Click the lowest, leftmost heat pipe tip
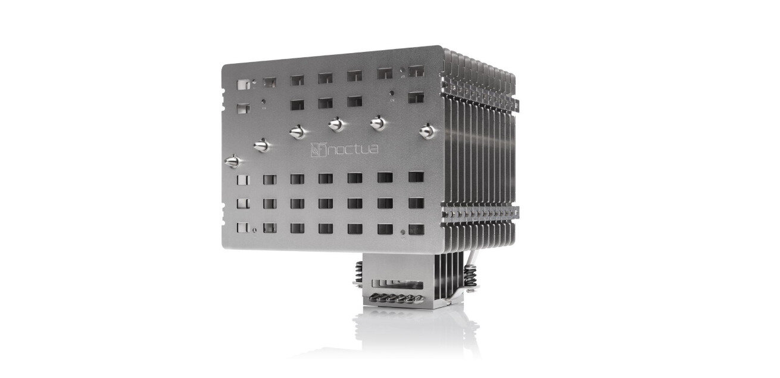(x=233, y=161)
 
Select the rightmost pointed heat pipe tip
(x=428, y=131)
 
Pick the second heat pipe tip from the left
(x=261, y=145)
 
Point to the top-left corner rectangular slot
(x=243, y=85)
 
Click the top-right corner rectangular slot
(x=416, y=72)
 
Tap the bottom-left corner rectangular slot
(x=243, y=228)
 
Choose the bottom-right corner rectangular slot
(x=416, y=230)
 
